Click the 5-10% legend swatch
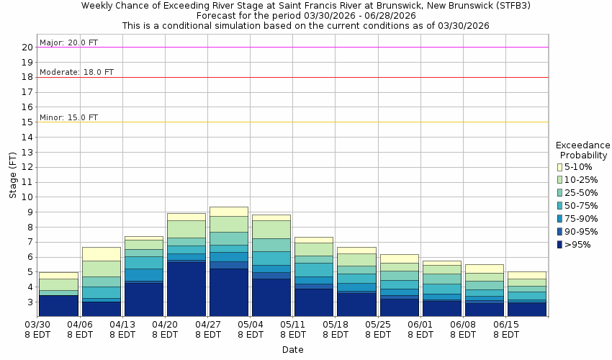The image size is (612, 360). tap(559, 167)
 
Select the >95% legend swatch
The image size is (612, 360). tap(559, 245)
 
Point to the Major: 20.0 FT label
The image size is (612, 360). tap(68, 42)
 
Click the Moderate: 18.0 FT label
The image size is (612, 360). tap(76, 72)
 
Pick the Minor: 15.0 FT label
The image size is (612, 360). tap(68, 117)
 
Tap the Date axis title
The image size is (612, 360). tap(292, 350)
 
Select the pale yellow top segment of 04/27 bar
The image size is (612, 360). tap(228, 211)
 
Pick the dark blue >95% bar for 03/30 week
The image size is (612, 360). tap(58, 306)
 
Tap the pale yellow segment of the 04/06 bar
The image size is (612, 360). tap(101, 253)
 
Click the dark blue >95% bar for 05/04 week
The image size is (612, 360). tap(271, 297)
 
